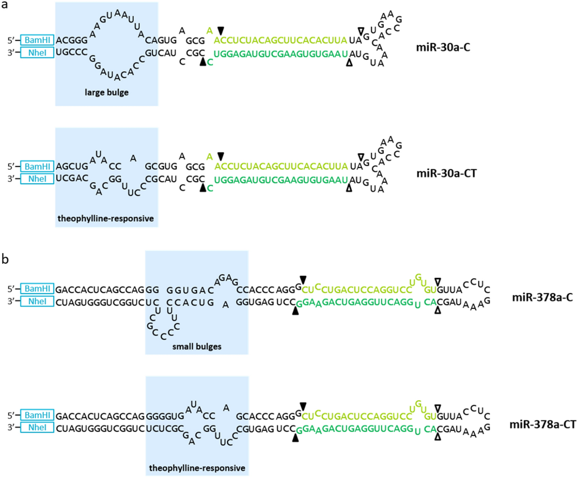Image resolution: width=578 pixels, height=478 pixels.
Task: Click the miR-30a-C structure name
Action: pyautogui.click(x=443, y=47)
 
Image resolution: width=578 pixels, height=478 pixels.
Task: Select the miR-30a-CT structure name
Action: pyautogui.click(x=446, y=173)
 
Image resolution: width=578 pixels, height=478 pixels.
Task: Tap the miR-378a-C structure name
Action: pyautogui.click(x=542, y=297)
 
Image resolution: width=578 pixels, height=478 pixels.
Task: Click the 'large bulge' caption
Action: pyautogui.click(x=106, y=92)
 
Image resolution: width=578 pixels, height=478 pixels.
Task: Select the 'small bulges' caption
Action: pyautogui.click(x=197, y=346)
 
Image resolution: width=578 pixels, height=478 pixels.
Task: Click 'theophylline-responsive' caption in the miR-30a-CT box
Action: pyautogui.click(x=106, y=218)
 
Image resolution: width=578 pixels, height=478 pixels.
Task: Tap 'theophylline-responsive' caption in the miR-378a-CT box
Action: pyautogui.click(x=197, y=468)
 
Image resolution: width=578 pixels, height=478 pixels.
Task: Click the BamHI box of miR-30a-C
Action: pyautogui.click(x=37, y=40)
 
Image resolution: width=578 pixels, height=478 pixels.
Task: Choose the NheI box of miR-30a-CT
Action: pyautogui.click(x=37, y=179)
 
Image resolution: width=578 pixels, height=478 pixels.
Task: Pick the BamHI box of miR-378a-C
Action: pyautogui.click(x=37, y=289)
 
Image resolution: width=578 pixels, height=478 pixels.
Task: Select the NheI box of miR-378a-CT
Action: pyautogui.click(x=37, y=427)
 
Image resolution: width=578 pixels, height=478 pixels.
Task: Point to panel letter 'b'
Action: pyautogui.click(x=5, y=259)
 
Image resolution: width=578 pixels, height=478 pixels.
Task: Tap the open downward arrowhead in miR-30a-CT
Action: pyautogui.click(x=361, y=157)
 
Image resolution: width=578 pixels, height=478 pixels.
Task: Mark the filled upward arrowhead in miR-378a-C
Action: pyautogui.click(x=295, y=311)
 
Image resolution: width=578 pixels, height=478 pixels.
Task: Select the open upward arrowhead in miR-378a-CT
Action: pyautogui.click(x=438, y=436)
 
